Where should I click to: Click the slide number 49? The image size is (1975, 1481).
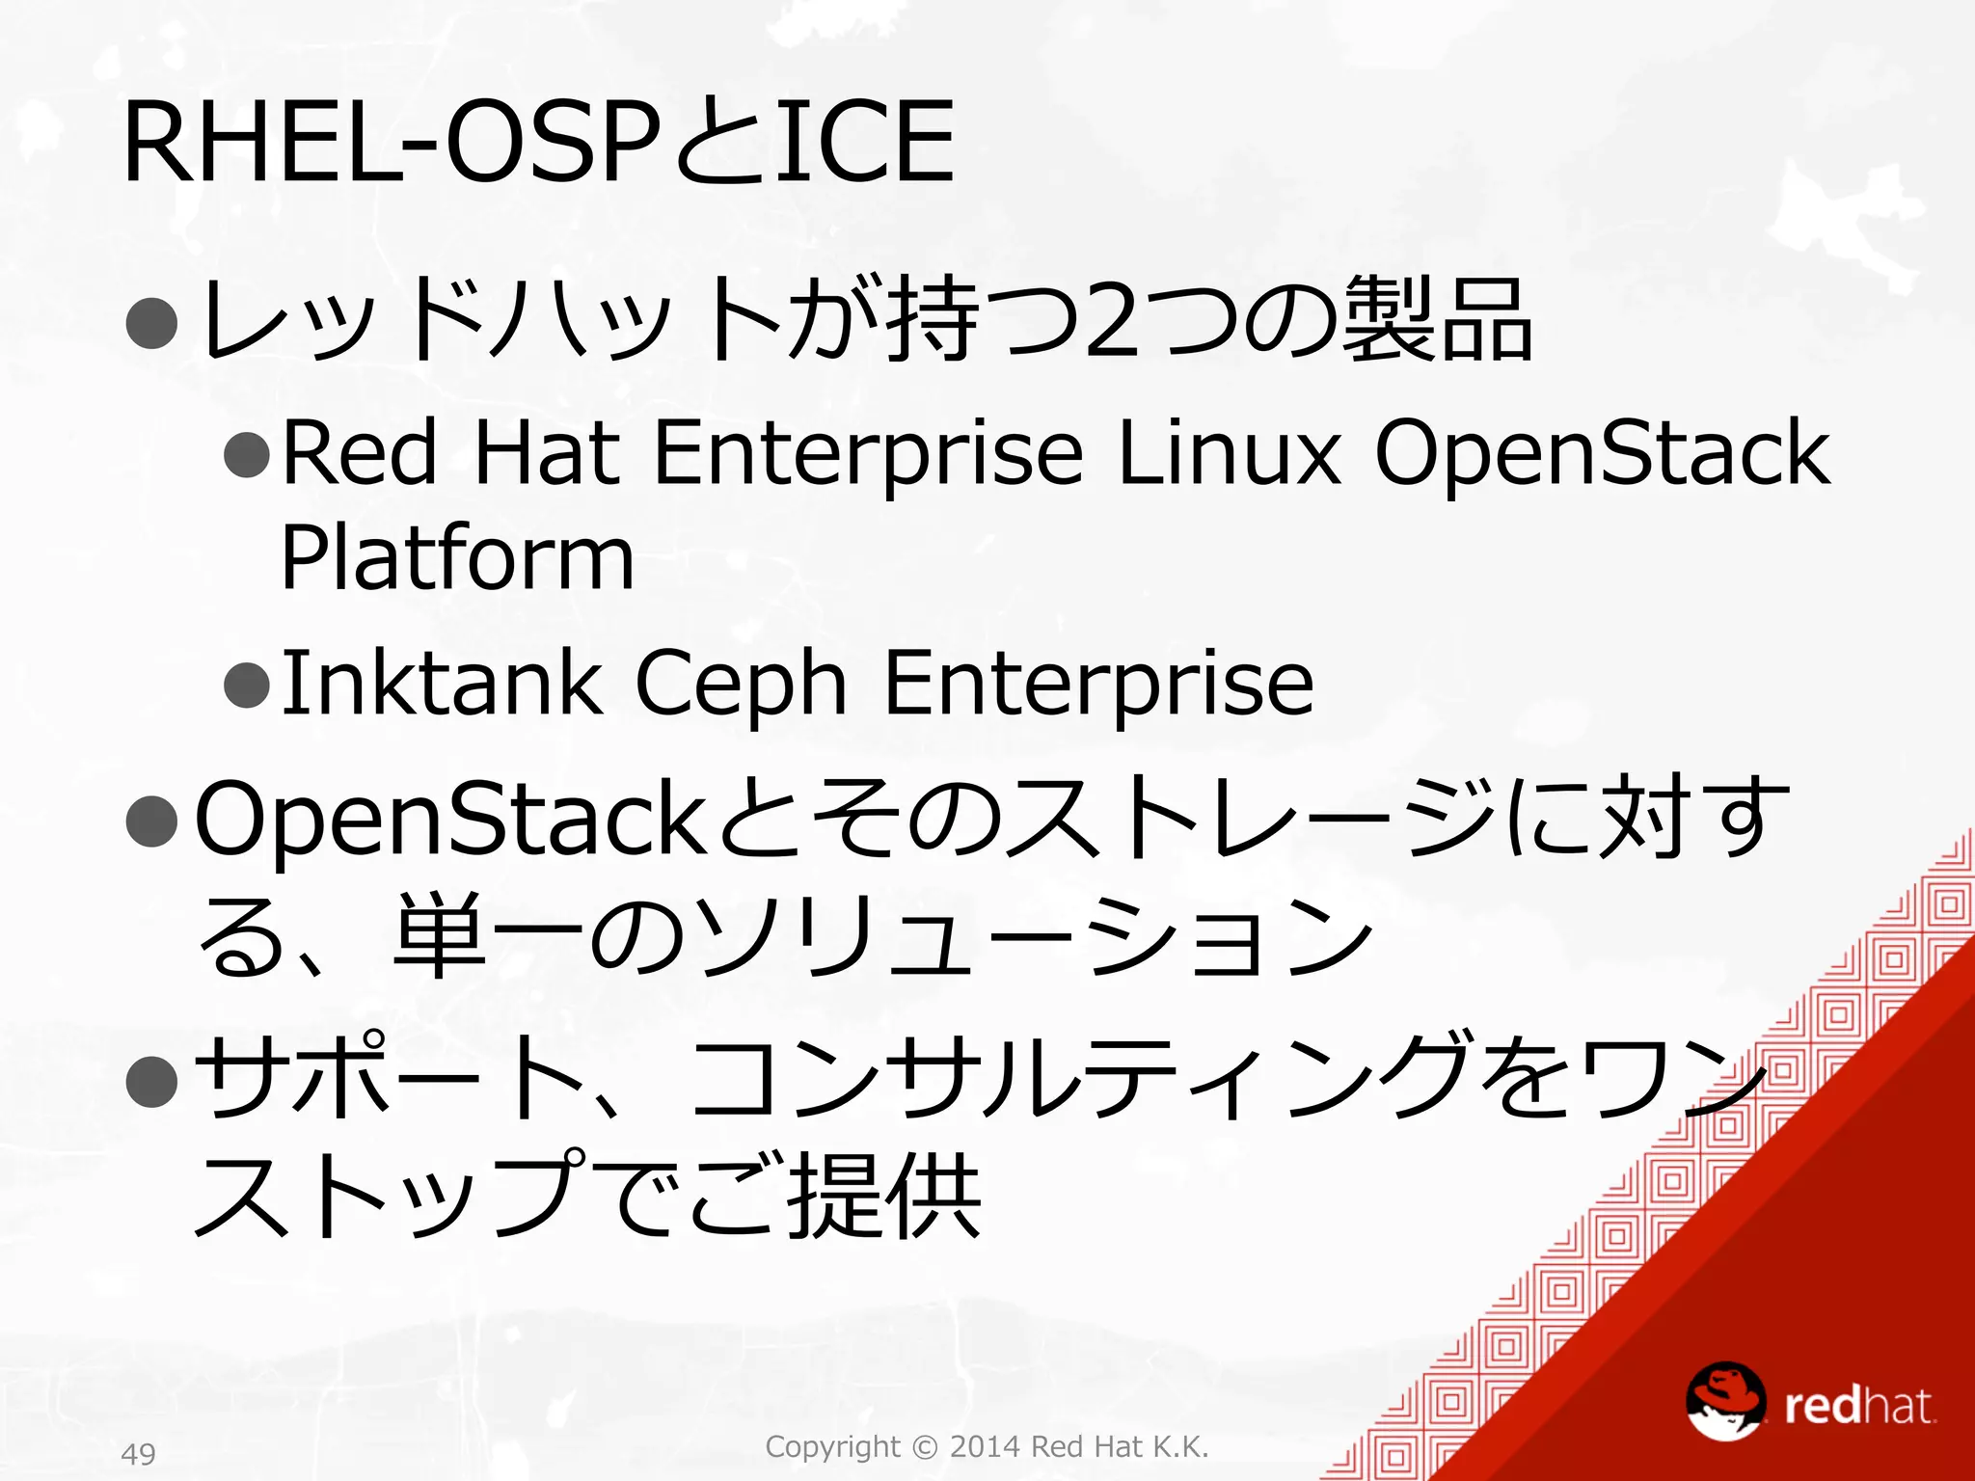tap(139, 1453)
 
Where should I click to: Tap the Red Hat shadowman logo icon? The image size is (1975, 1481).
tap(1725, 1401)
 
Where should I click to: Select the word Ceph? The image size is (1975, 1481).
tap(741, 685)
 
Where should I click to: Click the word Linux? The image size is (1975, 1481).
tap(1228, 452)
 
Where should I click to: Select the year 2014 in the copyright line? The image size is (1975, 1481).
tap(986, 1446)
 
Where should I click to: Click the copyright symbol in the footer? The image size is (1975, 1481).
tap(924, 1447)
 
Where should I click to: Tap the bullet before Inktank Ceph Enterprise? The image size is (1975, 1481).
tap(246, 686)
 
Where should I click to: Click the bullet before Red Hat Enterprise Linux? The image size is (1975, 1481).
tap(246, 454)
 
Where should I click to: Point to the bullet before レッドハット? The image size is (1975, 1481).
tap(152, 323)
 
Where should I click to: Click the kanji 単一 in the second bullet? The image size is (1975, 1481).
tap(488, 934)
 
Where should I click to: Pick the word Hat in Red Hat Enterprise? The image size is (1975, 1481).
tap(546, 452)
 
